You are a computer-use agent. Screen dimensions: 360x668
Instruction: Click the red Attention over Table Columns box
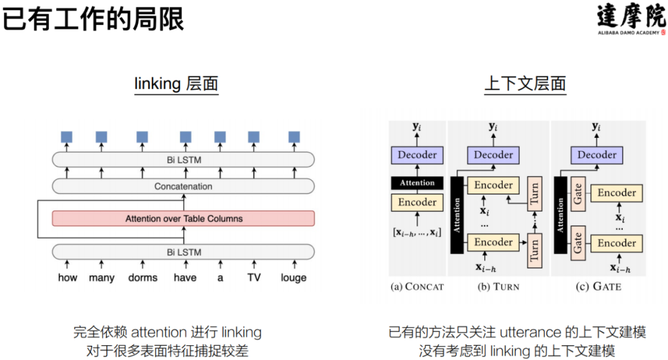pos(184,218)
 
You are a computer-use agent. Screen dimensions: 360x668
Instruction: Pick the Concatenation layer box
pos(184,186)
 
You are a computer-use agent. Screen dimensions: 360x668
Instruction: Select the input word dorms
pos(143,278)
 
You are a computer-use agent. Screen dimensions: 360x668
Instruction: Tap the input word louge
pos(293,278)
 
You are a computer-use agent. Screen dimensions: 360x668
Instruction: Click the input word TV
pos(254,278)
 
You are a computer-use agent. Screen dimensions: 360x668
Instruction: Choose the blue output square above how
pos(67,137)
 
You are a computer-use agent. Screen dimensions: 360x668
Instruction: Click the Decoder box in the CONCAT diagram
pos(417,155)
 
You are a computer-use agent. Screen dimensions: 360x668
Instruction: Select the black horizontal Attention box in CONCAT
pos(417,183)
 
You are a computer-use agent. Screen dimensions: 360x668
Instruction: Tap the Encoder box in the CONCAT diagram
pos(417,202)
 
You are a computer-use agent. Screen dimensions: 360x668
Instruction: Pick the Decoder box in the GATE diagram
pos(597,155)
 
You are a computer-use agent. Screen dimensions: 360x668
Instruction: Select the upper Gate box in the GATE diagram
pos(578,195)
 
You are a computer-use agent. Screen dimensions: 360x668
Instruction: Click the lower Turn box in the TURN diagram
pos(534,249)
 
